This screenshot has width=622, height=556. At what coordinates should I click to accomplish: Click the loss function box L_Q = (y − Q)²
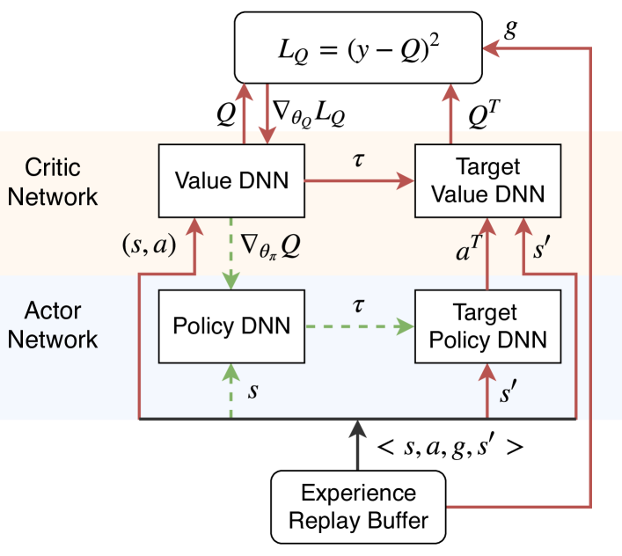(358, 48)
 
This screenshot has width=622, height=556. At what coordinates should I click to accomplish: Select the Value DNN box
(231, 181)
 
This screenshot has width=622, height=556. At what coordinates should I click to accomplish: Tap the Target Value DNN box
(488, 181)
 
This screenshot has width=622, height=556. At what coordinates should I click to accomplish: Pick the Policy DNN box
(231, 326)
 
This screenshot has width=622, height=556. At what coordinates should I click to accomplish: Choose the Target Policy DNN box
(488, 326)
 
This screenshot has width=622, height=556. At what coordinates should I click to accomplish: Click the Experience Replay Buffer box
(358, 507)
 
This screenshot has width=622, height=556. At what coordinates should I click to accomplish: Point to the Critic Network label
(53, 181)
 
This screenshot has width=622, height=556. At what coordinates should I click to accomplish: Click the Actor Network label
(53, 325)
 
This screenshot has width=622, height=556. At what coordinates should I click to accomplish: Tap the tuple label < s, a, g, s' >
(450, 447)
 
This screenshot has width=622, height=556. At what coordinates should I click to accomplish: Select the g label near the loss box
(510, 28)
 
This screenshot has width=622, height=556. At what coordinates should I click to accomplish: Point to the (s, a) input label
(150, 245)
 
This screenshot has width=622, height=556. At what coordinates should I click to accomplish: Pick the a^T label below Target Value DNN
(469, 249)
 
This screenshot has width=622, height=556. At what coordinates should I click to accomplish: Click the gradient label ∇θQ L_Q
(309, 113)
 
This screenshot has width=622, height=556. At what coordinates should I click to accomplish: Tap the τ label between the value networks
(358, 159)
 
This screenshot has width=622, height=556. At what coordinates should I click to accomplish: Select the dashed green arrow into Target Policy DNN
(360, 326)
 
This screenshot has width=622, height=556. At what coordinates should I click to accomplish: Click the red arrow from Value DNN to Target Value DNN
(360, 181)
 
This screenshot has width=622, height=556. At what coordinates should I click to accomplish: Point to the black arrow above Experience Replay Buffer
(358, 445)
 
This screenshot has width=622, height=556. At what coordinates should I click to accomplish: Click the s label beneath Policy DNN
(253, 391)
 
